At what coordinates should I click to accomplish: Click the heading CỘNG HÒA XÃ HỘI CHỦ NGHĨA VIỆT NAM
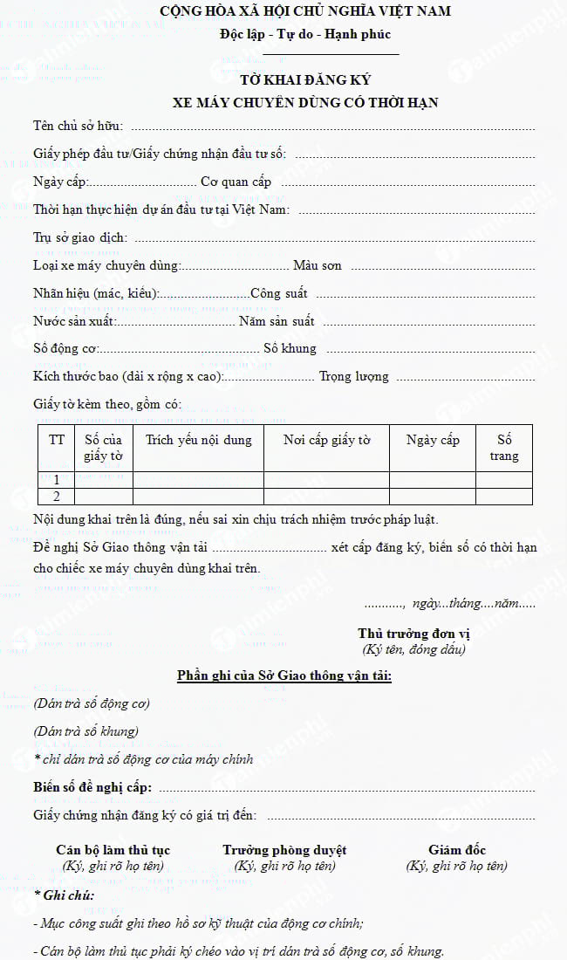(305, 11)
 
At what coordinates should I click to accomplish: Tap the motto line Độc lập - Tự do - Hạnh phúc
(305, 35)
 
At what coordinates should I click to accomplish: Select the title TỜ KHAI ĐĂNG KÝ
(305, 80)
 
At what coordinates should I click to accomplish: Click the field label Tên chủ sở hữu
(78, 127)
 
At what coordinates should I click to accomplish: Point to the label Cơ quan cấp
(236, 182)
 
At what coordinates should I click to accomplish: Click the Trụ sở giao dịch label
(80, 237)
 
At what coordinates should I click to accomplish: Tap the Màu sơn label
(318, 265)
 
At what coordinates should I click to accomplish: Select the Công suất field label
(278, 293)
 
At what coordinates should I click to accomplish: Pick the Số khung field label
(290, 349)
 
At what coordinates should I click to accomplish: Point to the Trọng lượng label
(354, 377)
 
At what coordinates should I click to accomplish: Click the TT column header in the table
(57, 440)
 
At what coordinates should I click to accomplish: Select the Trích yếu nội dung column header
(198, 440)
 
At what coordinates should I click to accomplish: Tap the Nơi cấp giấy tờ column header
(326, 440)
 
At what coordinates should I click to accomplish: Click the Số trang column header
(504, 448)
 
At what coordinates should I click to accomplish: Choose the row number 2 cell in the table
(57, 497)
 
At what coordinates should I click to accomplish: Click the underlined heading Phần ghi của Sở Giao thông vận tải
(284, 676)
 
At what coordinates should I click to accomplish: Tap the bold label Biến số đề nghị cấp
(92, 787)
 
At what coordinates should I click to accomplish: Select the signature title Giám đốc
(457, 850)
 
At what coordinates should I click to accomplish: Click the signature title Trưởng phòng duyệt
(284, 850)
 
